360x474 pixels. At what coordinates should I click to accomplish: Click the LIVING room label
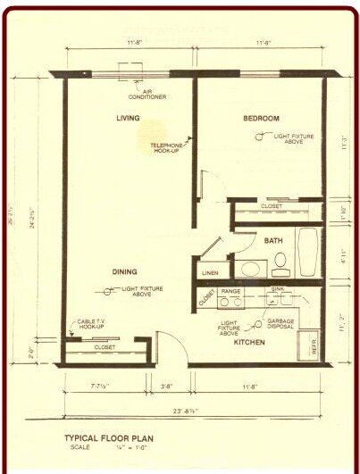point(130,118)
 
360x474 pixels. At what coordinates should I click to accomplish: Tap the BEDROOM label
point(261,118)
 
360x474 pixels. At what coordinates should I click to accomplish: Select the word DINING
point(125,270)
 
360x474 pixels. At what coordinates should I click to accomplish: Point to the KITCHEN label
point(249,342)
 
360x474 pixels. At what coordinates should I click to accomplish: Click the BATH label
point(272,240)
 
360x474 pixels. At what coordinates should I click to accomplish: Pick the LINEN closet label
point(210,272)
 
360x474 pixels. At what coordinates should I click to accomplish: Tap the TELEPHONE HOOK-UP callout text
point(167,148)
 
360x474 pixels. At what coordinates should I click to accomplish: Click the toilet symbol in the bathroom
point(280,262)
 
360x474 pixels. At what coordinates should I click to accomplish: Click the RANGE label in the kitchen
point(230,291)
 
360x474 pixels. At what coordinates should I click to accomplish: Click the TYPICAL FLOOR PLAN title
point(111,437)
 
